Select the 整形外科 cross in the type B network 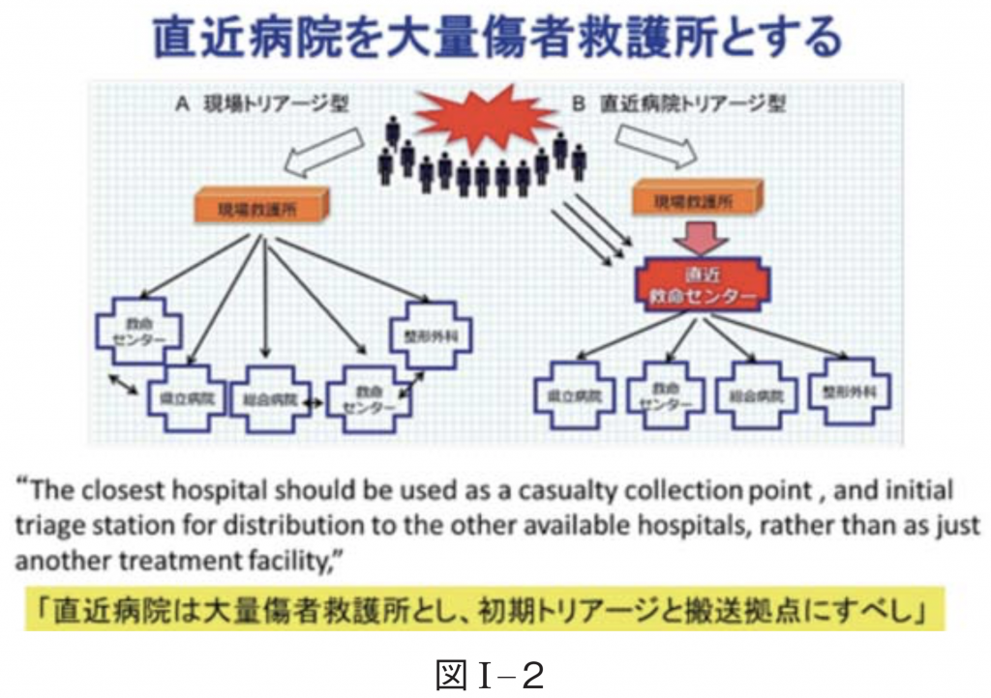pyautogui.click(x=849, y=393)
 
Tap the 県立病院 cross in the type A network pyautogui.click(x=186, y=396)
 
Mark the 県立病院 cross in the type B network pyautogui.click(x=574, y=395)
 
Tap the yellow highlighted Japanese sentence pyautogui.click(x=483, y=612)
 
